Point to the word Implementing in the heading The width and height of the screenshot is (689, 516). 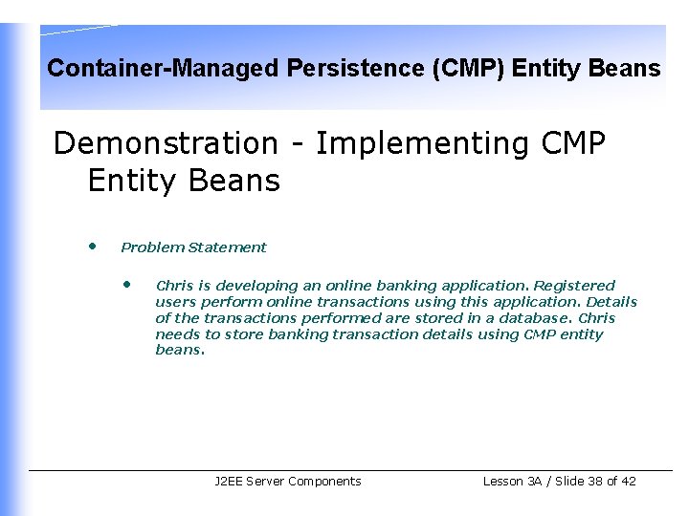[423, 143]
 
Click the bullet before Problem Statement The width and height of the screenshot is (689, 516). [92, 246]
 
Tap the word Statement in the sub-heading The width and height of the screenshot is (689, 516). [228, 247]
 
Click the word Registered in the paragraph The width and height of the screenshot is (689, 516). [574, 286]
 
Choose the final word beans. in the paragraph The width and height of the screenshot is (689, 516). [180, 351]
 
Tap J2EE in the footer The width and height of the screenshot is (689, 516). [228, 482]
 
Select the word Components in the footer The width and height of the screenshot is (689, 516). [324, 482]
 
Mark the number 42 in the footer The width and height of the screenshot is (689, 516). [628, 482]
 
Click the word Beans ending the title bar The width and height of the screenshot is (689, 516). [627, 69]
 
